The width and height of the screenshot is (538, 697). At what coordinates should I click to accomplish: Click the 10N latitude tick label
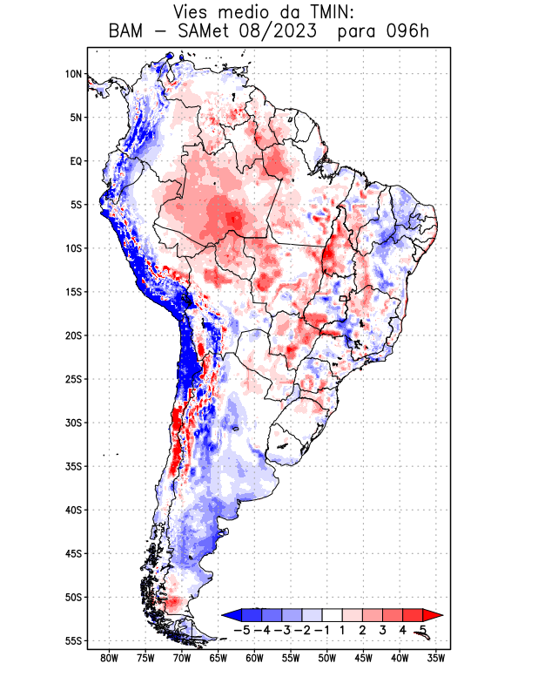(x=73, y=74)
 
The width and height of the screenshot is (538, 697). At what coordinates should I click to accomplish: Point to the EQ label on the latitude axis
(x=75, y=161)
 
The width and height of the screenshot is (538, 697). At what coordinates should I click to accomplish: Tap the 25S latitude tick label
(x=73, y=379)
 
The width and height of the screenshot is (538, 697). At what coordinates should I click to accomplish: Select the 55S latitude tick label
(x=73, y=640)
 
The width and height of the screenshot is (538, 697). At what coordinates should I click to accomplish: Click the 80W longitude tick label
(x=109, y=658)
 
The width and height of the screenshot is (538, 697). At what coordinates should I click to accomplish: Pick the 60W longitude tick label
(x=254, y=658)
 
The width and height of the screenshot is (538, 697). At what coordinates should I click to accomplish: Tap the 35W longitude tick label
(x=436, y=658)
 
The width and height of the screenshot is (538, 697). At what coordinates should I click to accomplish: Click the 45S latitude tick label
(x=73, y=553)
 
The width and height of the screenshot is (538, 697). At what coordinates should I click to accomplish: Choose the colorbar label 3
(x=383, y=629)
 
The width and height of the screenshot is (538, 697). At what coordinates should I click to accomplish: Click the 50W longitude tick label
(x=326, y=658)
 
